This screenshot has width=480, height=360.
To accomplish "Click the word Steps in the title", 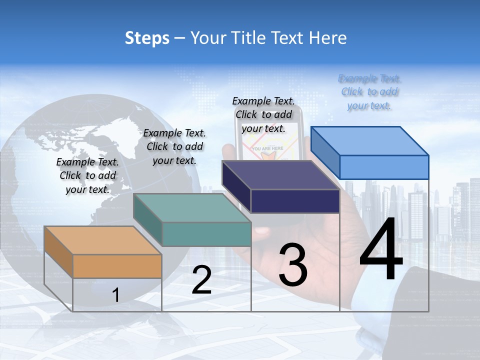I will (x=147, y=38).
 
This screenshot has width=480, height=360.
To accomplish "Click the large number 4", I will (x=381, y=251).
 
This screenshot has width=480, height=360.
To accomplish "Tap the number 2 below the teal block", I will (x=201, y=280).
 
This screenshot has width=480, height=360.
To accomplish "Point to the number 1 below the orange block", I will (x=116, y=295).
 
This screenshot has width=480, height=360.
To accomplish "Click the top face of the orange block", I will (x=102, y=240).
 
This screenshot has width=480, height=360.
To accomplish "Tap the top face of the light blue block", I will (x=369, y=141).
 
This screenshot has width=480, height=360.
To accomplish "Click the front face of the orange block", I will (x=117, y=266).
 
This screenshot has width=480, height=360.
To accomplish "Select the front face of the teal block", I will (x=206, y=234).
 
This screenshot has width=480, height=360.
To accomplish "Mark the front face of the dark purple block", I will (x=295, y=201).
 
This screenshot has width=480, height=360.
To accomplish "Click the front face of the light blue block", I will (x=383, y=167).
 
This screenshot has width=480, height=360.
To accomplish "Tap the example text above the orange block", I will (x=87, y=175).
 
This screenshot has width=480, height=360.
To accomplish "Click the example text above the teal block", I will (x=174, y=146).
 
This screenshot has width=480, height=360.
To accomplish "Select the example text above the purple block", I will (x=263, y=114).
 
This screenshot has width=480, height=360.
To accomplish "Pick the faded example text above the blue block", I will (x=369, y=92).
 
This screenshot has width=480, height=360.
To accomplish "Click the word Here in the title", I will (x=328, y=38).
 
